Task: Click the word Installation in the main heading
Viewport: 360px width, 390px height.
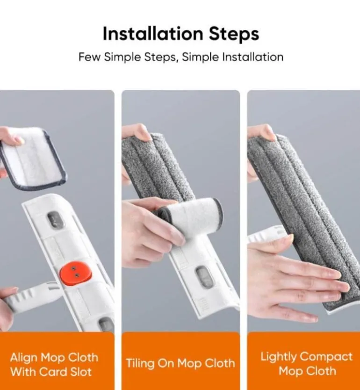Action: tap(153, 34)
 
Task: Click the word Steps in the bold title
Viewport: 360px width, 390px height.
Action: tap(234, 34)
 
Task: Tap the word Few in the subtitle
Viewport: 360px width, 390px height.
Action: tap(89, 57)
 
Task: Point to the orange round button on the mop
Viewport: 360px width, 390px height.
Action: tap(75, 272)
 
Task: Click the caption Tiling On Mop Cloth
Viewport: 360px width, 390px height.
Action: tap(180, 363)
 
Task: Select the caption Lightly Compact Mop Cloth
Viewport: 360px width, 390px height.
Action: tap(307, 364)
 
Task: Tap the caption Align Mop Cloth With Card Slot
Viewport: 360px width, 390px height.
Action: tap(54, 365)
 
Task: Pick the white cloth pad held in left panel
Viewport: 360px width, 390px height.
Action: tap(33, 158)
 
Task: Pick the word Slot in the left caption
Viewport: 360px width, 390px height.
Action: tap(81, 372)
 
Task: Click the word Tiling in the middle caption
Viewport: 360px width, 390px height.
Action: tap(140, 363)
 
